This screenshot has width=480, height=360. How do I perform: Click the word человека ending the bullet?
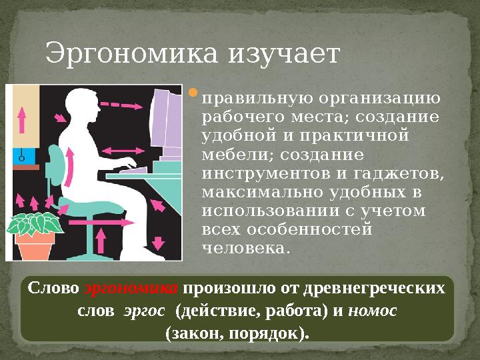point(244,248)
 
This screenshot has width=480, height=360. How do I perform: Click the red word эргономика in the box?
point(131,289)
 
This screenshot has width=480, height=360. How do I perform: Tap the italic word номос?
point(373,311)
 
